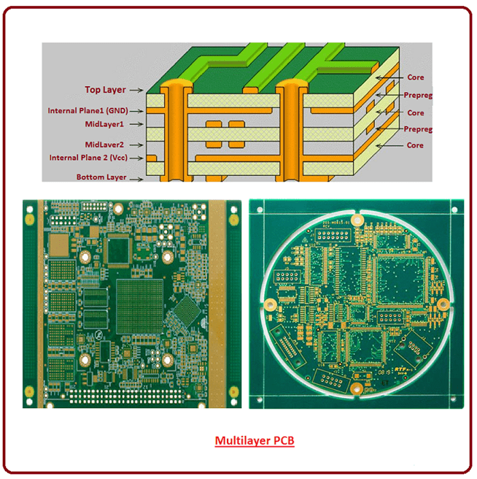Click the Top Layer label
106,89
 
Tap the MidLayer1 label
104,124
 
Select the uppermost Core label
415,78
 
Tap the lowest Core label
415,145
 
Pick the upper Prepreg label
418,96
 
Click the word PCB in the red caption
283,441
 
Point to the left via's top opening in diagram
176,85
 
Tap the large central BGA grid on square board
140,303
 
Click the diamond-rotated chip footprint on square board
186,313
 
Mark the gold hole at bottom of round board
355,389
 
